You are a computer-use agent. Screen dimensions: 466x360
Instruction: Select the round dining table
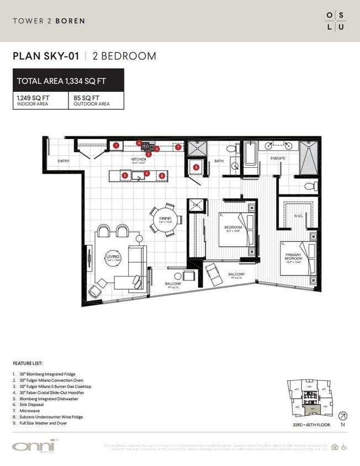(164, 218)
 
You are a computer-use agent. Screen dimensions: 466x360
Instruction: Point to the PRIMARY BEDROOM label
(293, 257)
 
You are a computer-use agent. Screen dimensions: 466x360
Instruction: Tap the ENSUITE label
(278, 158)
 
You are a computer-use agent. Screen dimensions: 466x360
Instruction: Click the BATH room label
(219, 161)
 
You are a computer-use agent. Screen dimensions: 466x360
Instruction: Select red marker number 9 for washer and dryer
(196, 167)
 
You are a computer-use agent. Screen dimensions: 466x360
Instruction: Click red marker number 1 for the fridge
(117, 145)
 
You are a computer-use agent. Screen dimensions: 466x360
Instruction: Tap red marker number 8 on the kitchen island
(162, 175)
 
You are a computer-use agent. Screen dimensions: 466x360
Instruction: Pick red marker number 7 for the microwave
(178, 147)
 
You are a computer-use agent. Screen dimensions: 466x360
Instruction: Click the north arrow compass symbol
(342, 416)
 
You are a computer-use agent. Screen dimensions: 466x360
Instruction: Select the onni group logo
(35, 446)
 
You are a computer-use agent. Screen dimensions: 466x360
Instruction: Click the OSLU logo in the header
(335, 21)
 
